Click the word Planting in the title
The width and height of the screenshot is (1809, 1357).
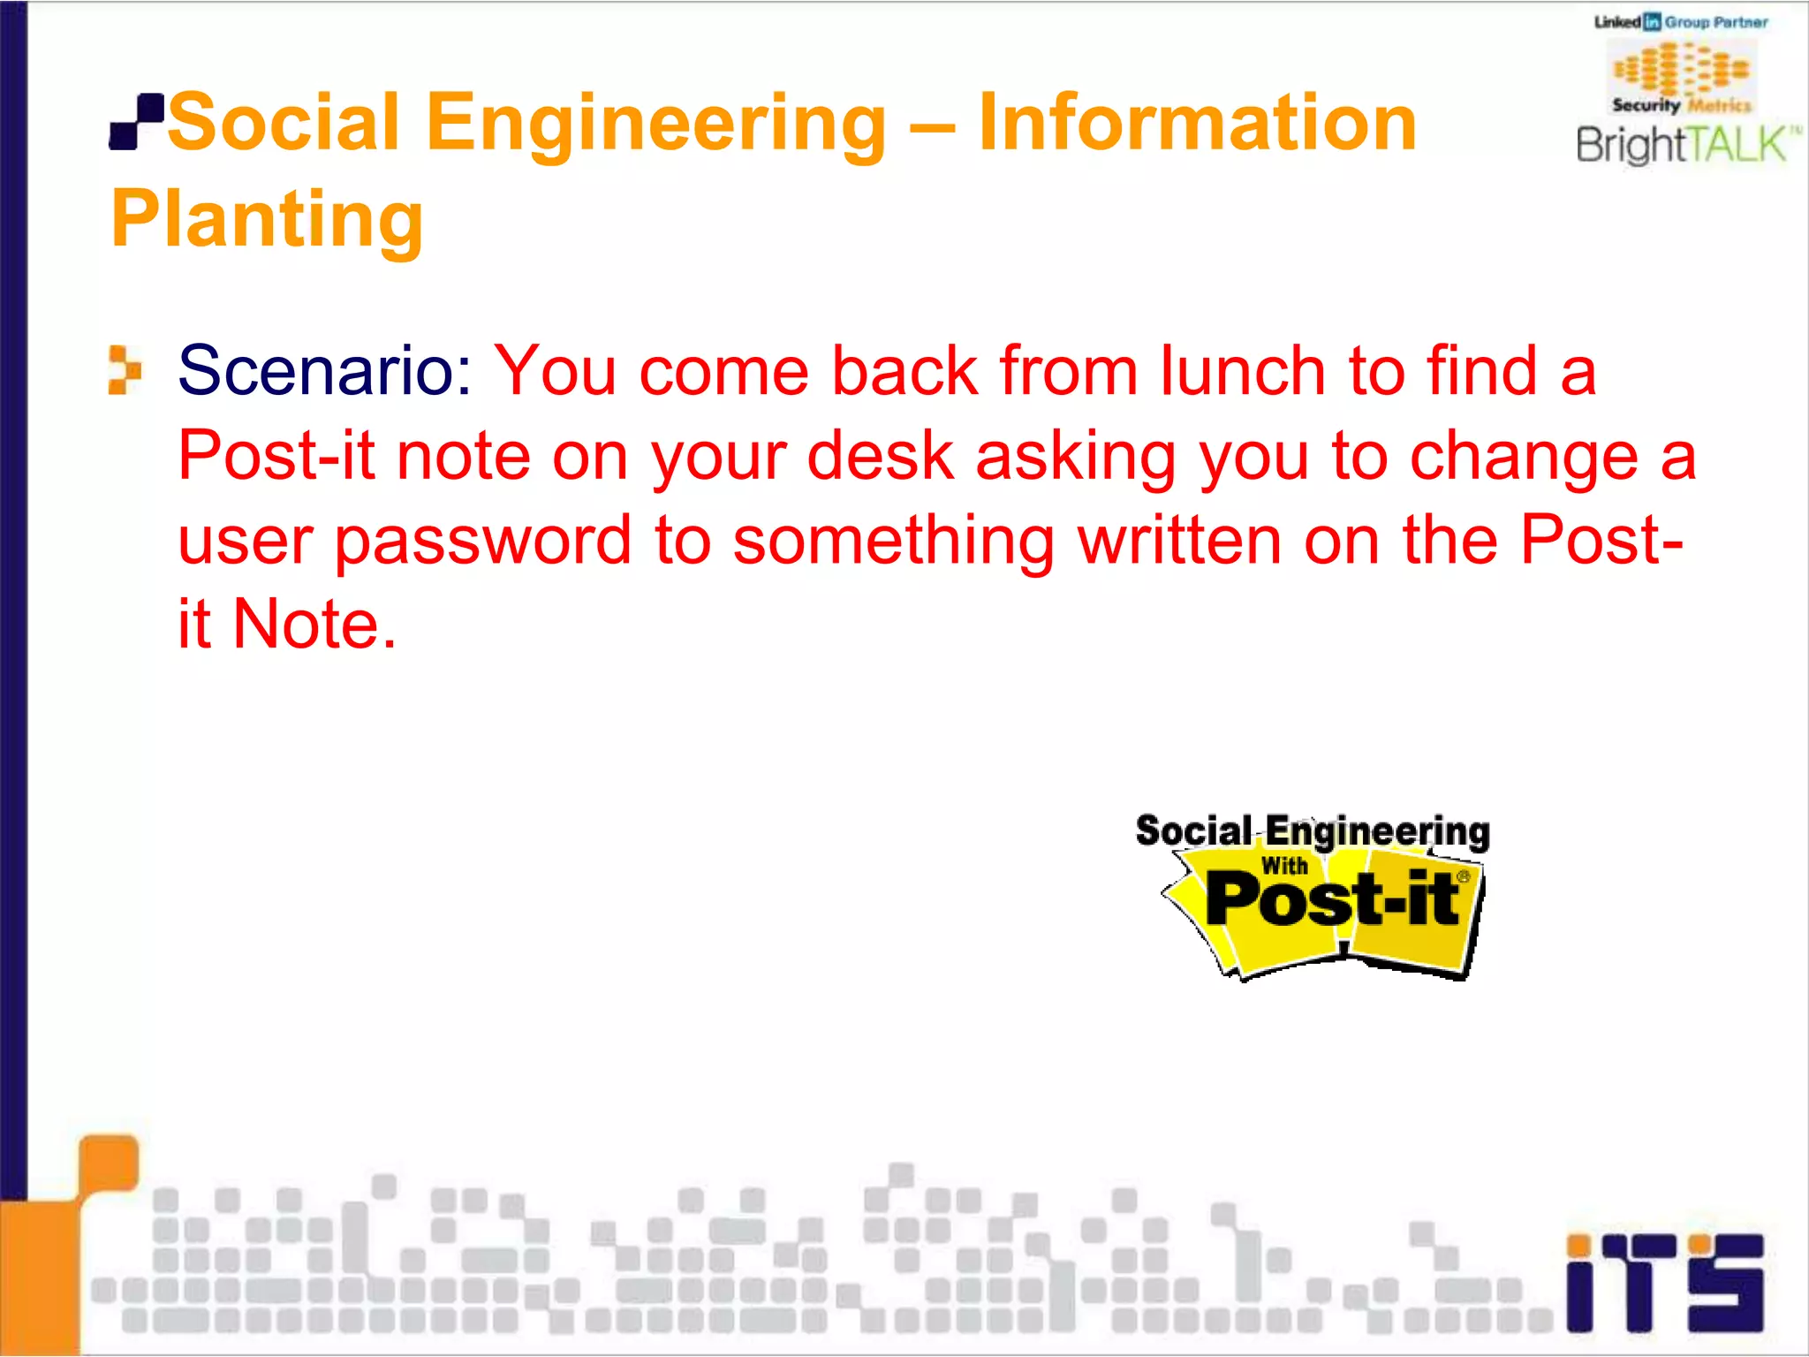coord(267,219)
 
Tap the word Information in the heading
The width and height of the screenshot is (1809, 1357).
coord(1197,123)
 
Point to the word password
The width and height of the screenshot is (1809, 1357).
coord(482,541)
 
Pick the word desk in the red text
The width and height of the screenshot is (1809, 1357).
coord(881,456)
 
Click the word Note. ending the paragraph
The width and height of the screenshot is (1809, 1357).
coord(314,625)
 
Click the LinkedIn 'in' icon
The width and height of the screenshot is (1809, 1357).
coord(1652,22)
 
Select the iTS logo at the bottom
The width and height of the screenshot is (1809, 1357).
coord(1664,1281)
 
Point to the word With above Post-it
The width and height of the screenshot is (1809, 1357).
coord(1284,866)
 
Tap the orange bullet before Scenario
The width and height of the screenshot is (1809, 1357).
coord(125,369)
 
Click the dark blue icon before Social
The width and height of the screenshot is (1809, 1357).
coord(136,122)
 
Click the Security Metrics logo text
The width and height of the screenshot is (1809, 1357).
coord(1681,105)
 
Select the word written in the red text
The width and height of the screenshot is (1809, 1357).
coord(1179,541)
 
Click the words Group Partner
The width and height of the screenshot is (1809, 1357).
coord(1716,22)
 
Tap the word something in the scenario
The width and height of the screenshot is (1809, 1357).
coord(893,541)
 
